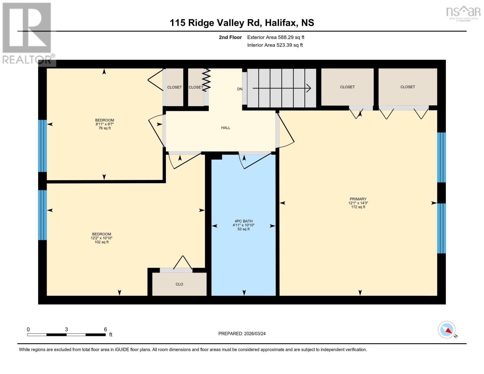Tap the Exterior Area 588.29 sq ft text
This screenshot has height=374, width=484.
coord(276,37)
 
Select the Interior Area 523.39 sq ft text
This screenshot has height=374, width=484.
coord(275,45)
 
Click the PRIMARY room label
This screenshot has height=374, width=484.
coord(358,199)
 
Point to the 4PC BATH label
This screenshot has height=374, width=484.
coord(243,221)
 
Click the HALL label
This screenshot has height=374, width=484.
coord(226,128)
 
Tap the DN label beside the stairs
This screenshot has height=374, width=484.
coord(239,89)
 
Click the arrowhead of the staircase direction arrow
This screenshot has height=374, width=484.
coord(309,88)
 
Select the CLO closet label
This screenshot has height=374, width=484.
coord(179,284)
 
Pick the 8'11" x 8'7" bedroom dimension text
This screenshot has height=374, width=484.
coord(104,124)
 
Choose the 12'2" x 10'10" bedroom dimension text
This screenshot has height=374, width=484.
coord(102,238)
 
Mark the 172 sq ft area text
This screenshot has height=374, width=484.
coord(358,207)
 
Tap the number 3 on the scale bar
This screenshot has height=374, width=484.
coord(66,329)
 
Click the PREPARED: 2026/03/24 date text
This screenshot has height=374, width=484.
coord(242,333)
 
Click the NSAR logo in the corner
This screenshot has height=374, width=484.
coord(463,12)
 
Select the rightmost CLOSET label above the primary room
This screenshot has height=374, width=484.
coord(407,87)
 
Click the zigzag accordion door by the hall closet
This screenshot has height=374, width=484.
coord(207,80)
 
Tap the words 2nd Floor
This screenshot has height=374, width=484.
coord(230,37)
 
